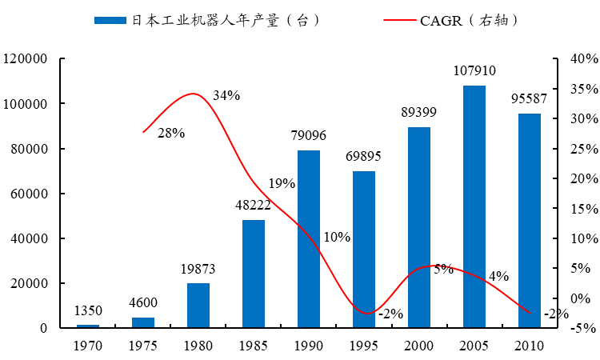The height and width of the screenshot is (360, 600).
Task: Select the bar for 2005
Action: click(474, 206)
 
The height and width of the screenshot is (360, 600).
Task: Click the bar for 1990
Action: click(309, 238)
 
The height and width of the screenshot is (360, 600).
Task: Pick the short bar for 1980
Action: click(198, 305)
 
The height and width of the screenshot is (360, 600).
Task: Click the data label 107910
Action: click(474, 70)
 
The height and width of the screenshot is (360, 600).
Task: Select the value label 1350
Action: click(88, 310)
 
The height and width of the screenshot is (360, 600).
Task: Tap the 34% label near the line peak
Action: click(226, 96)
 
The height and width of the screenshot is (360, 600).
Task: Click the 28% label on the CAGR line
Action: click(171, 133)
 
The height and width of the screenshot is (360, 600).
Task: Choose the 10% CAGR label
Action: click(337, 237)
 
